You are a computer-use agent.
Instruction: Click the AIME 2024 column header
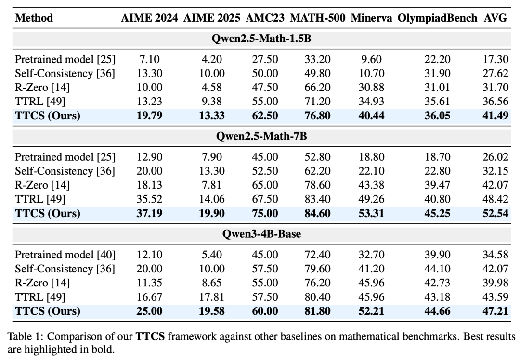click(x=149, y=18)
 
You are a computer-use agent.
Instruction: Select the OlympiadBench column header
click(x=437, y=18)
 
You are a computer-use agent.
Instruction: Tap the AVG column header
click(x=495, y=18)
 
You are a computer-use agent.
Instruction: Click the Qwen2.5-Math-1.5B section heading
click(x=261, y=39)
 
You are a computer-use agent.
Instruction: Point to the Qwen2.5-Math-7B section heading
click(x=261, y=136)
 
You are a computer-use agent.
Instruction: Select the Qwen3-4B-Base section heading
click(x=261, y=234)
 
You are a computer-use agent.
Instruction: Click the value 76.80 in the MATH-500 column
click(x=317, y=116)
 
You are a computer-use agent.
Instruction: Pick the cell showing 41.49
click(x=495, y=116)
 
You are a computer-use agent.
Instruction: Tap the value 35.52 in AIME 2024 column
click(x=149, y=199)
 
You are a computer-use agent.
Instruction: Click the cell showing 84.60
click(x=317, y=213)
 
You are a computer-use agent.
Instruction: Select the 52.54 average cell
click(x=495, y=213)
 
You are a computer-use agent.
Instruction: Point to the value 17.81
click(x=211, y=296)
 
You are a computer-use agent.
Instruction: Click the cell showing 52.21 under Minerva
click(x=371, y=311)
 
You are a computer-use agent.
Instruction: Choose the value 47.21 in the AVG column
click(x=495, y=311)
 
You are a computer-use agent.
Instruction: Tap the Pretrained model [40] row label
click(x=65, y=255)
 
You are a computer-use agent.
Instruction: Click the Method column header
click(x=34, y=18)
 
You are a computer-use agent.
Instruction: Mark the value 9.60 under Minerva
click(x=371, y=59)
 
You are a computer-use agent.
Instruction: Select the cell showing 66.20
click(x=317, y=87)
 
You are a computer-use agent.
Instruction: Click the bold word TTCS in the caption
click(x=150, y=336)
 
